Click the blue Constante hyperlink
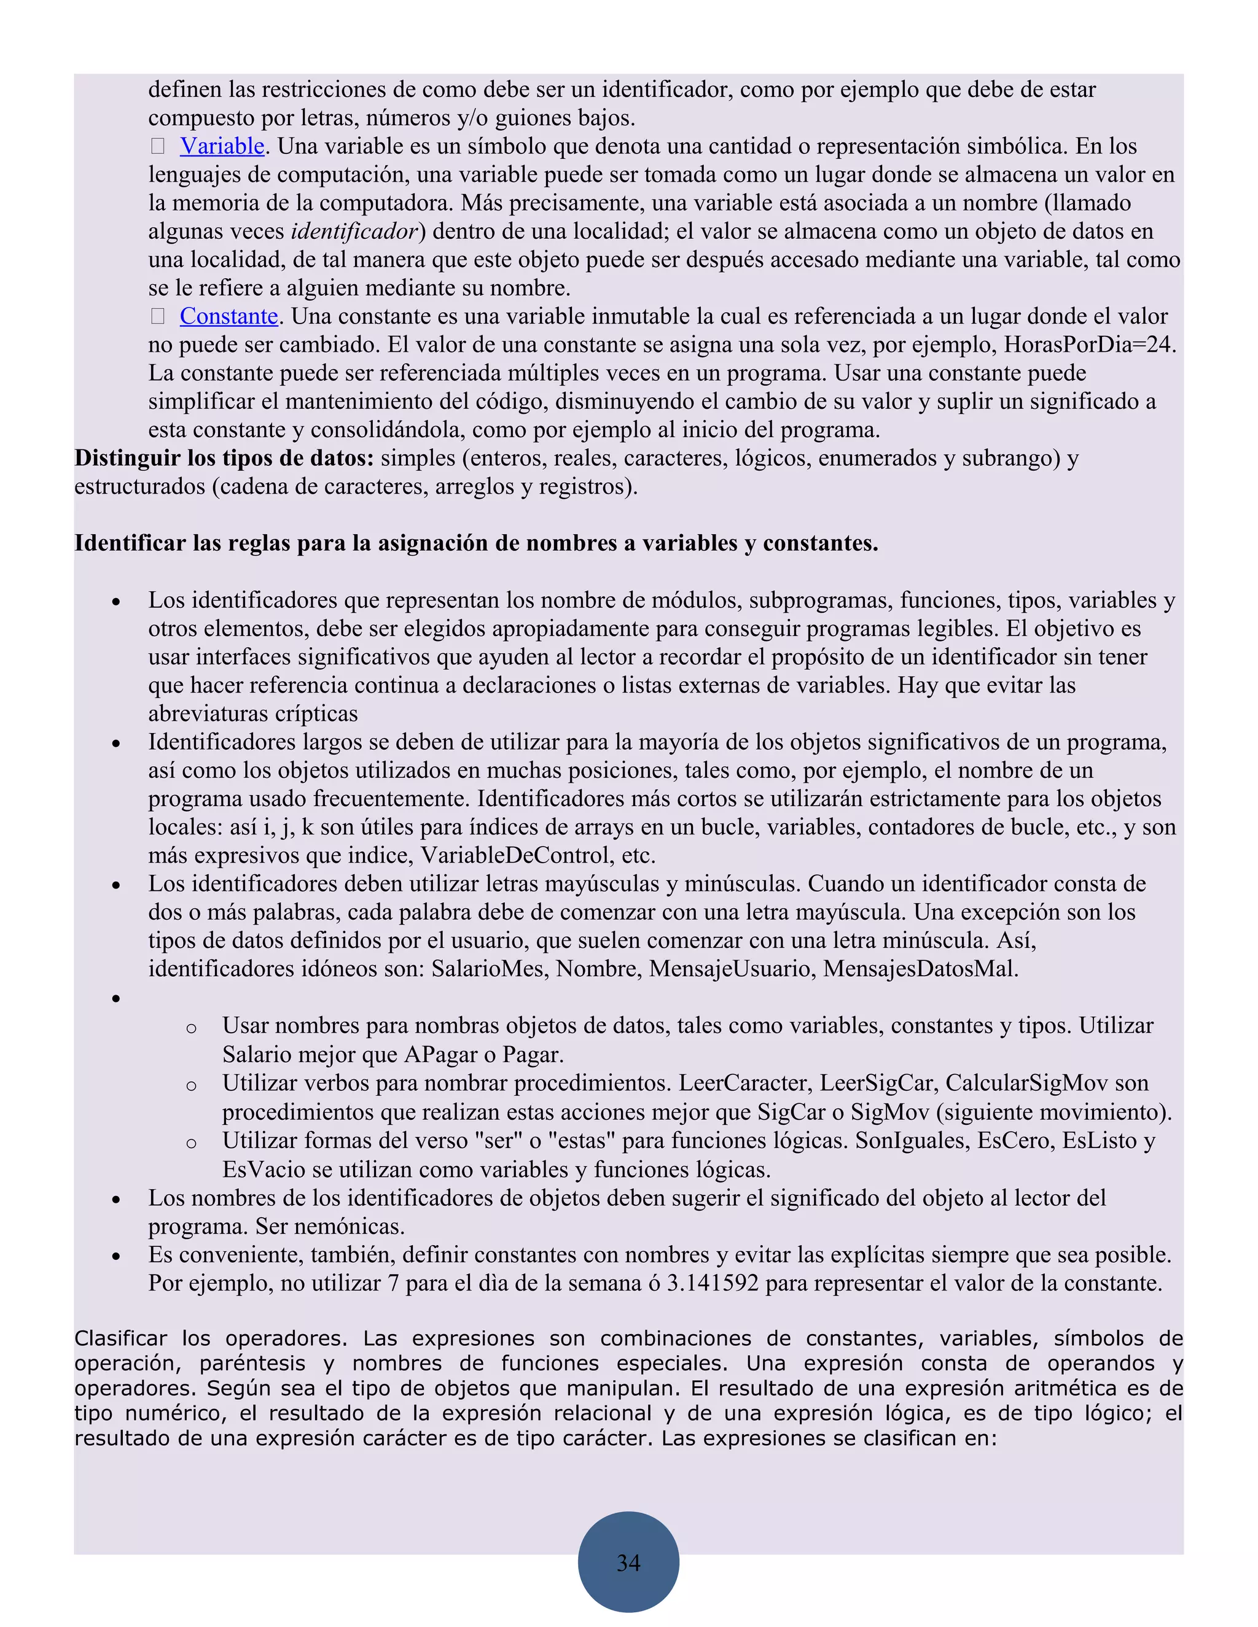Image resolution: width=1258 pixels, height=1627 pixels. [x=228, y=317]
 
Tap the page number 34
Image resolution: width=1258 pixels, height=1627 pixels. [x=628, y=1562]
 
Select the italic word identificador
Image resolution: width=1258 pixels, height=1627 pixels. [x=355, y=231]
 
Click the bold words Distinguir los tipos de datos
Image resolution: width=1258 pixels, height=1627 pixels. [x=224, y=458]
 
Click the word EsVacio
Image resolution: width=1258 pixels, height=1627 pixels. [x=264, y=1170]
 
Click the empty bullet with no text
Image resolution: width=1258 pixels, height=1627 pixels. [x=116, y=998]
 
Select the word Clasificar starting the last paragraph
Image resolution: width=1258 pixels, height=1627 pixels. [x=120, y=1338]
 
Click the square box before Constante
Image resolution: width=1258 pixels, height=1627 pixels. [x=158, y=317]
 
